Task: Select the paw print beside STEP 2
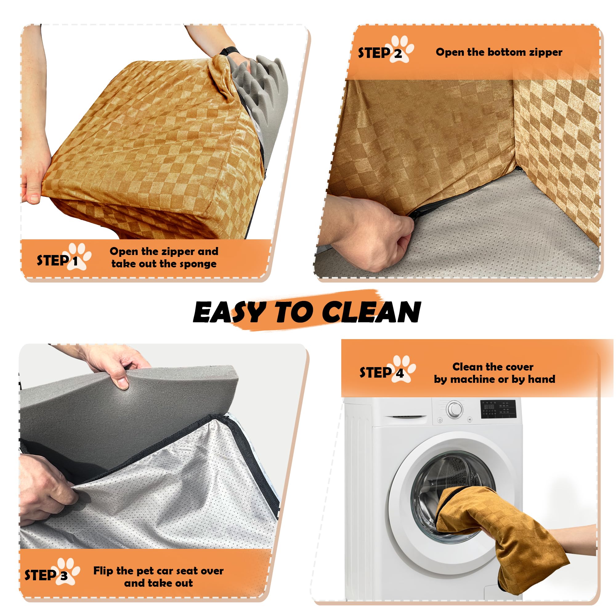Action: click(400, 48)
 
